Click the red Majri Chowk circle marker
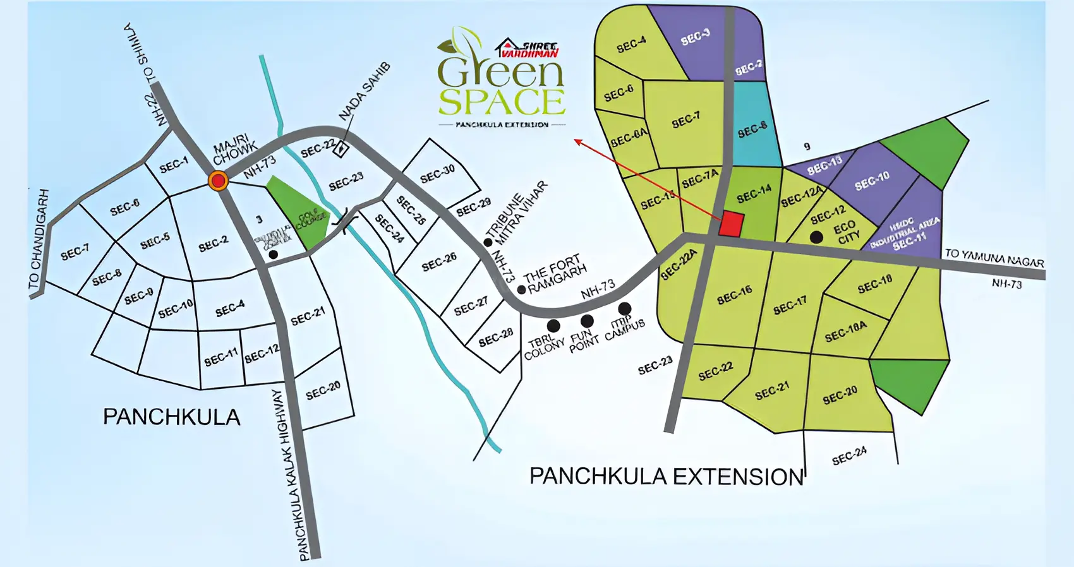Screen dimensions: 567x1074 pyautogui.click(x=219, y=181)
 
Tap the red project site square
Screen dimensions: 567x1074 pyautogui.click(x=732, y=224)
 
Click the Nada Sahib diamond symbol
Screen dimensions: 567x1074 pyautogui.click(x=341, y=149)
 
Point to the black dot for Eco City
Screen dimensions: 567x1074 pyautogui.click(x=816, y=237)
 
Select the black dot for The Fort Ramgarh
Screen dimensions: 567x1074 pyautogui.click(x=522, y=290)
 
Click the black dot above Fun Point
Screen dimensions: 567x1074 pyautogui.click(x=587, y=321)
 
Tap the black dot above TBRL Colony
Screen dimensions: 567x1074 pyautogui.click(x=553, y=326)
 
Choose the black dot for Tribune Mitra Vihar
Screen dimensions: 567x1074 pyautogui.click(x=488, y=242)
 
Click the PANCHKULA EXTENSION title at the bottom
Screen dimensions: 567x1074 pyautogui.click(x=667, y=477)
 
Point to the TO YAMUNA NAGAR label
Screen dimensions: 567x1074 pyautogui.click(x=994, y=258)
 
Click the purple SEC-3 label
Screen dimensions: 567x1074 pyautogui.click(x=696, y=38)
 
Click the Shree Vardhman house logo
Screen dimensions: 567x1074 pyautogui.click(x=506, y=47)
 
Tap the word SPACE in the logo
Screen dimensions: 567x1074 pyautogui.click(x=502, y=103)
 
